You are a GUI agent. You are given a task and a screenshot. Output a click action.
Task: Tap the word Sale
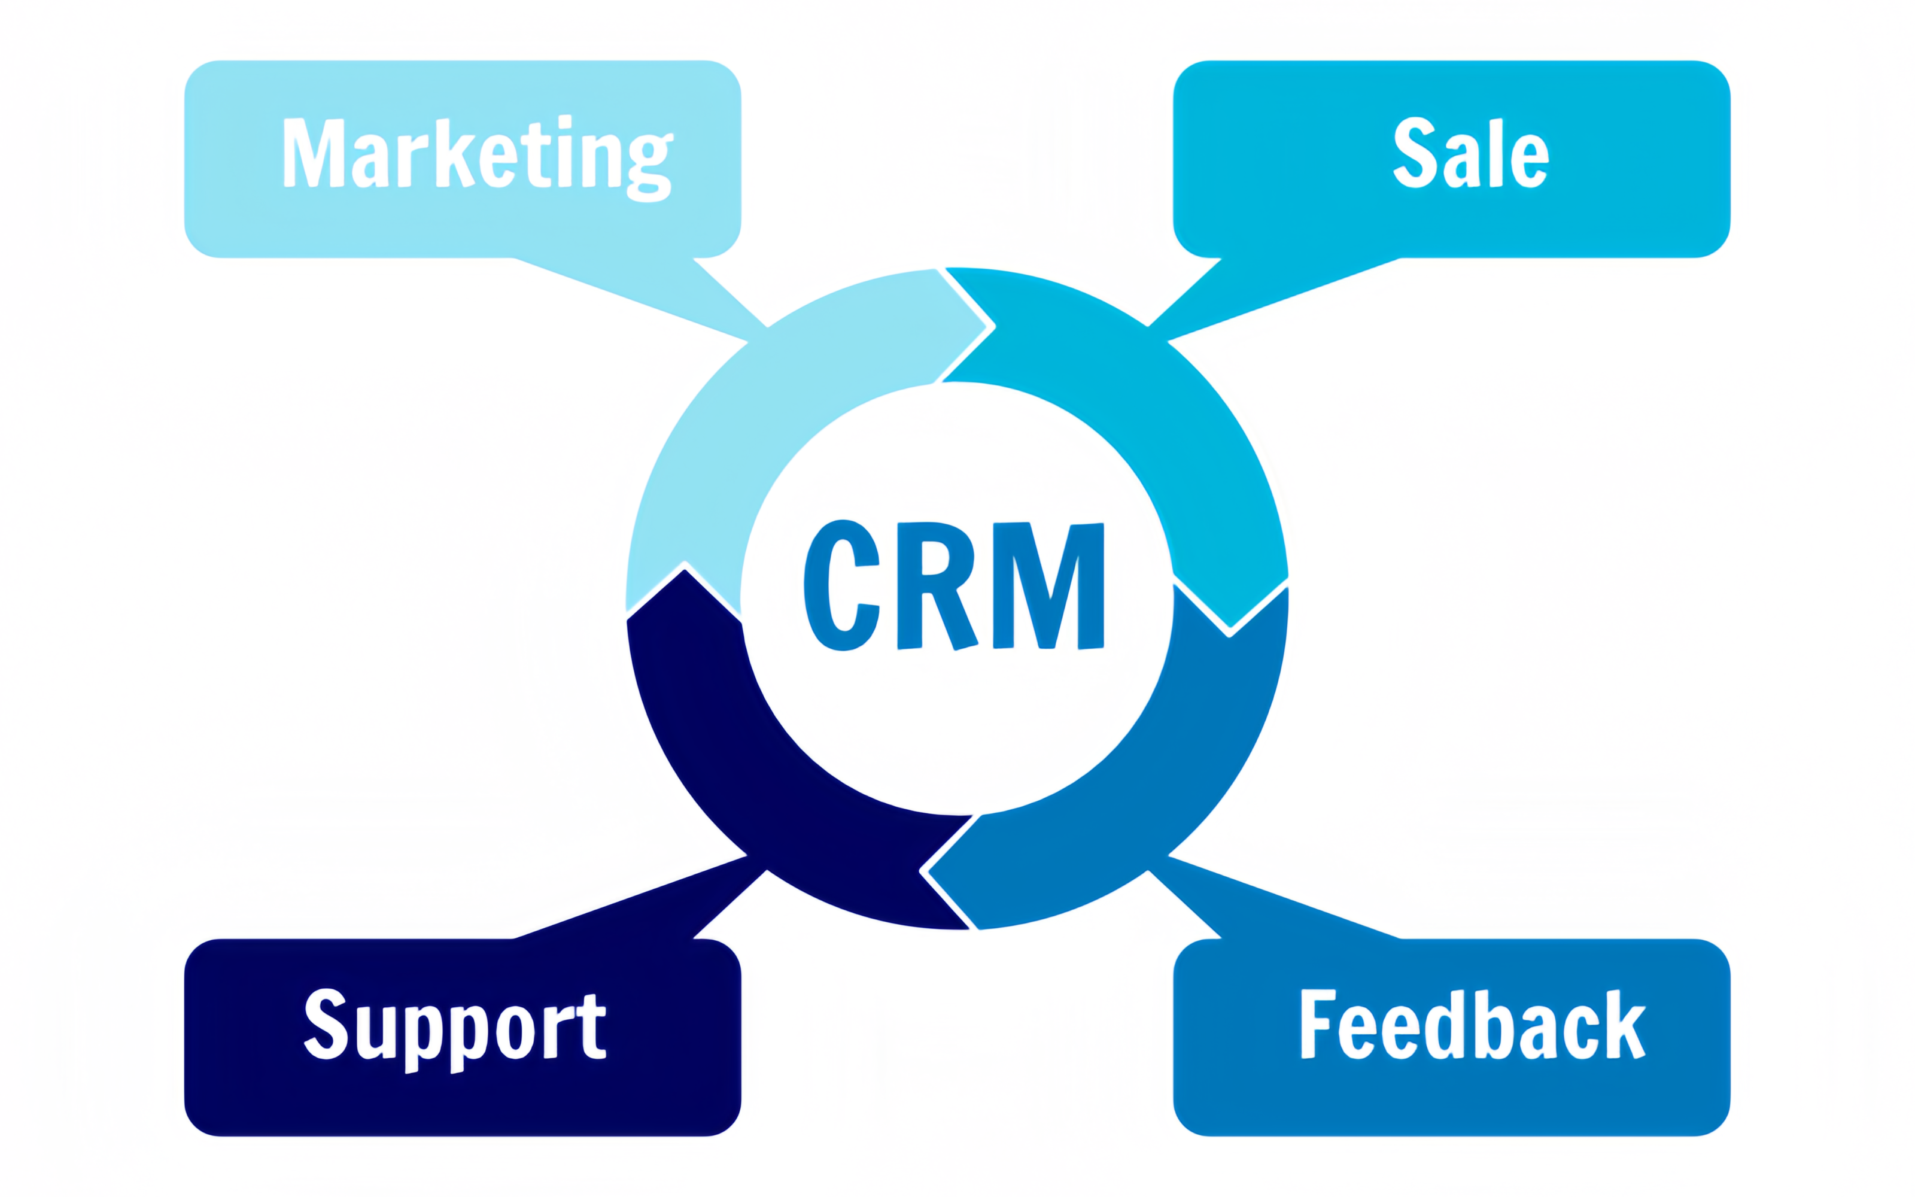coord(1470,154)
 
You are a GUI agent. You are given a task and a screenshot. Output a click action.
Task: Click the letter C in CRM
coord(842,585)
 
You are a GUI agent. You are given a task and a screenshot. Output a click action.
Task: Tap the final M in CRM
coord(1048,586)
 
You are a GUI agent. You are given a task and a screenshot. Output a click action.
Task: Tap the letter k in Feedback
coord(1622,1025)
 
